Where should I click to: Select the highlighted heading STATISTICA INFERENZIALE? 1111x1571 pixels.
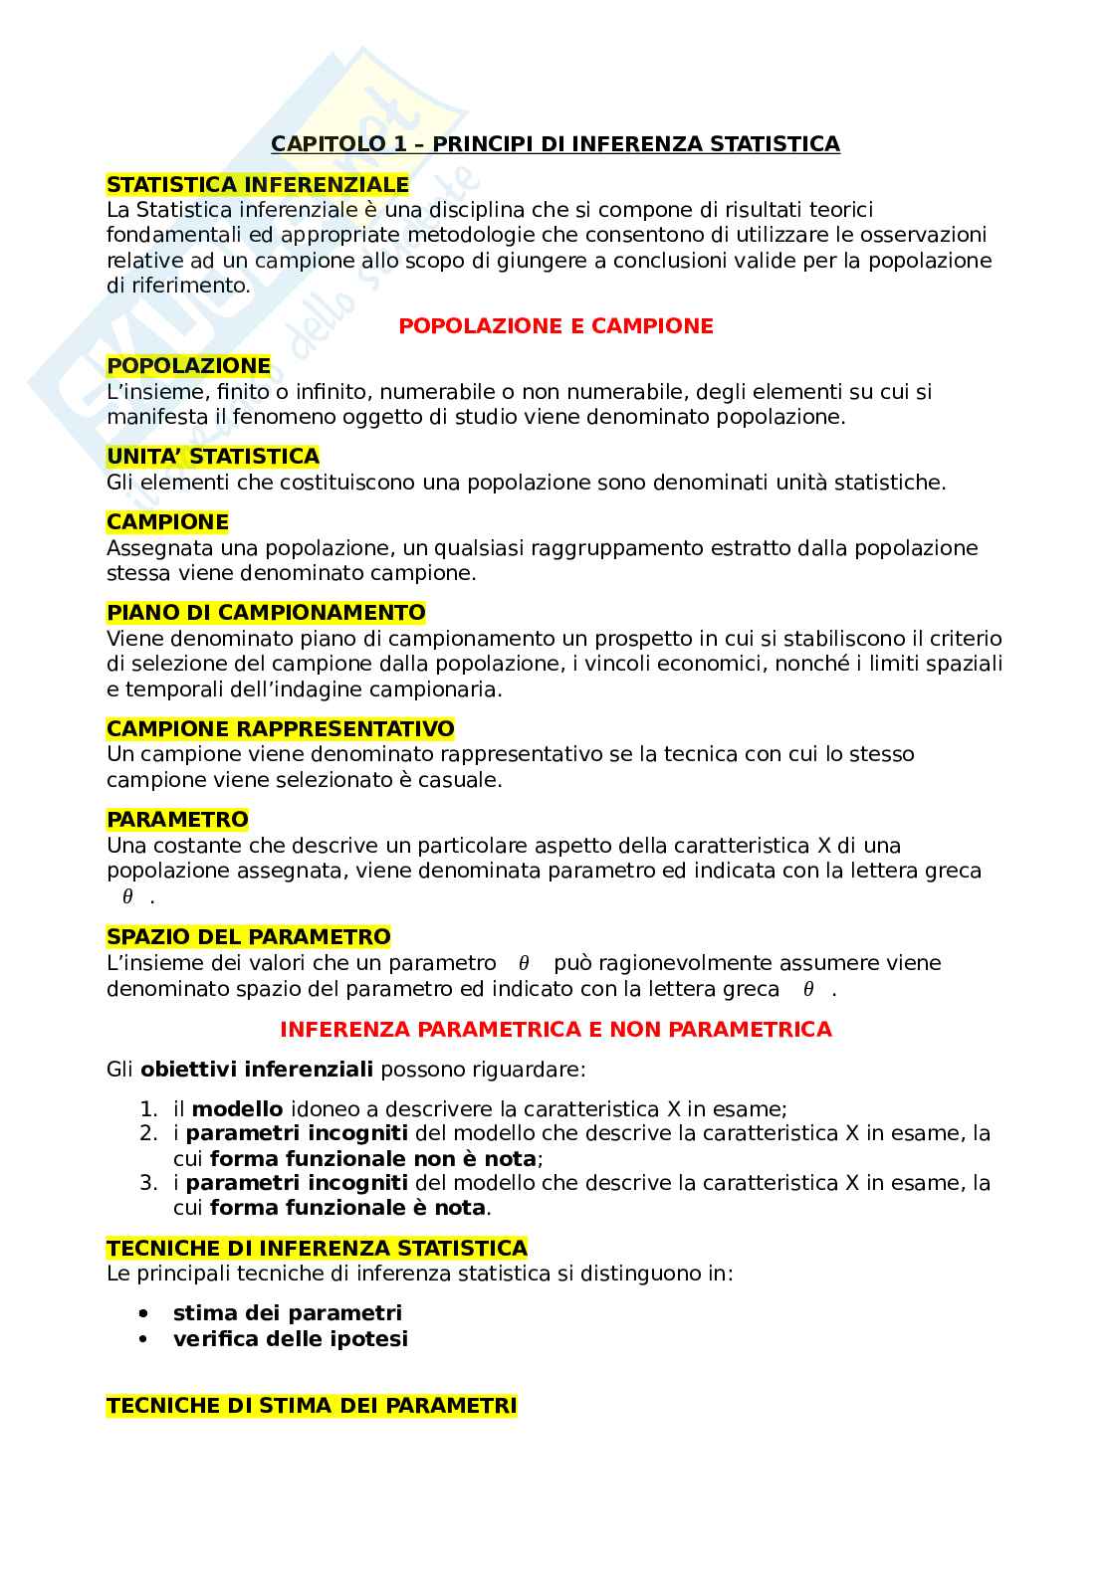point(258,185)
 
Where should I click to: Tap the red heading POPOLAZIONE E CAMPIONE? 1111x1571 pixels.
point(555,326)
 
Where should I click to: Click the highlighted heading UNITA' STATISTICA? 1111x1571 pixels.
point(213,457)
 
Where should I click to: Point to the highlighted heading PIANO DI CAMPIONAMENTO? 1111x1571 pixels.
point(266,613)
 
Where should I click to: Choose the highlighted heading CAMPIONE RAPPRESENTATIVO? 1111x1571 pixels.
point(281,729)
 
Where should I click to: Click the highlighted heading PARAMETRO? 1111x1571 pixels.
point(177,820)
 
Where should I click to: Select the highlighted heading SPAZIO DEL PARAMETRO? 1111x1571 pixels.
point(249,937)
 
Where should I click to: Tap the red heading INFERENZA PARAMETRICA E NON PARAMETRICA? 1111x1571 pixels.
point(555,1030)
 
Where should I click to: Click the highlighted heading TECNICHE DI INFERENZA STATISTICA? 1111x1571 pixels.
point(317,1248)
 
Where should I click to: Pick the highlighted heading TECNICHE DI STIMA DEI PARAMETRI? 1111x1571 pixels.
point(312,1406)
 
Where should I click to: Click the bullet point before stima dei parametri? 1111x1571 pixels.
point(145,1313)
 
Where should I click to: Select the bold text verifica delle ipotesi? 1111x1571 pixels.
point(291,1339)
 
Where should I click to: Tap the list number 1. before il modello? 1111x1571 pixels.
point(148,1109)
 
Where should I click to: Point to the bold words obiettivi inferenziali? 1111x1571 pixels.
point(257,1070)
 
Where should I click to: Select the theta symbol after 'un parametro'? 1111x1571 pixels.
point(525,964)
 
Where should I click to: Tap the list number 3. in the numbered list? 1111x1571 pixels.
point(148,1183)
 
